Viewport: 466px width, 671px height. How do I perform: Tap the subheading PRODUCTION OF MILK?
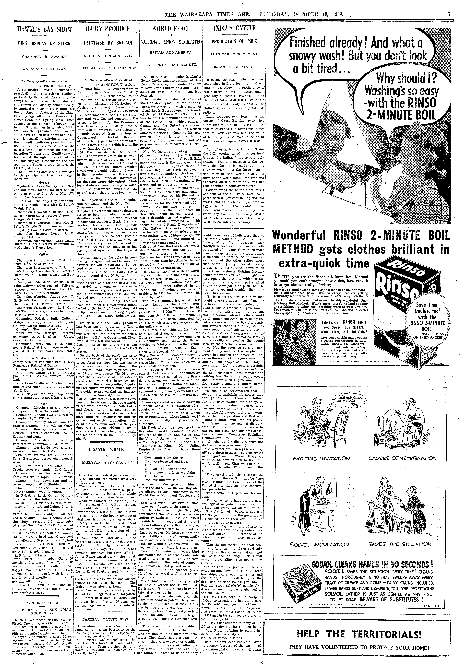234,41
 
